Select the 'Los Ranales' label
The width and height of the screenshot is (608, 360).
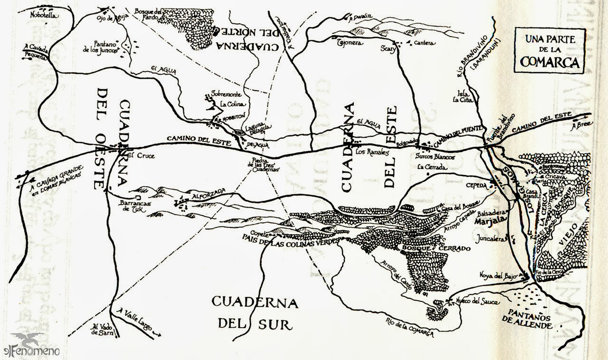tap(372, 152)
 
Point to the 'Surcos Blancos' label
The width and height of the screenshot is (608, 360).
tap(435, 156)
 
